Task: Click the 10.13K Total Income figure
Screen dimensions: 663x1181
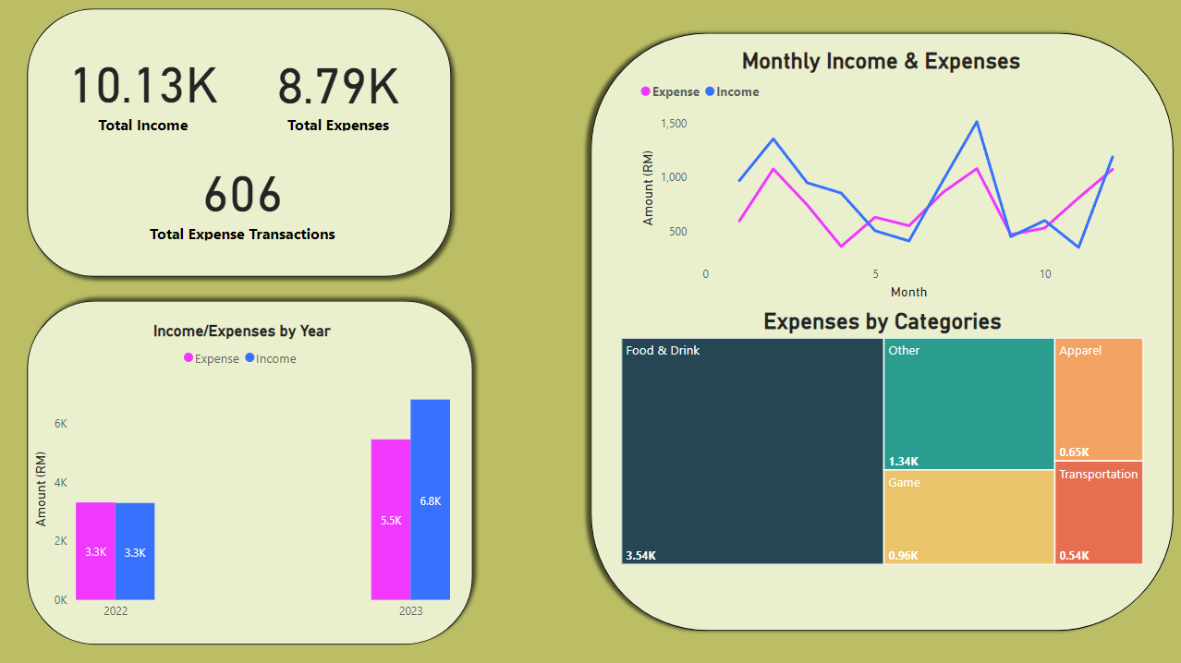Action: pyautogui.click(x=144, y=86)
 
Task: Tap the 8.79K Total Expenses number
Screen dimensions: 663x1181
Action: pyautogui.click(x=338, y=86)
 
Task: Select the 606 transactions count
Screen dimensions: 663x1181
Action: pyautogui.click(x=242, y=195)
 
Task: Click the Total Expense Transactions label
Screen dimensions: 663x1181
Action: pyautogui.click(x=242, y=235)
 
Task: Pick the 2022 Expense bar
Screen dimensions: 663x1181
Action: pyautogui.click(x=95, y=550)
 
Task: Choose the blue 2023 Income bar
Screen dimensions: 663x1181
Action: pyautogui.click(x=431, y=500)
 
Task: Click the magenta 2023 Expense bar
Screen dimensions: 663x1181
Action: pyautogui.click(x=391, y=519)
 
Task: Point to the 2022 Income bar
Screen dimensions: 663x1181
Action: pyautogui.click(x=135, y=551)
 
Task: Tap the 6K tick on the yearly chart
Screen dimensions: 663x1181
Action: pyautogui.click(x=60, y=424)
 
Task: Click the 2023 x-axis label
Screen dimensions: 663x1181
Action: pyautogui.click(x=411, y=611)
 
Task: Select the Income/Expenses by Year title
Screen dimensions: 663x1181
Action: pyautogui.click(x=241, y=331)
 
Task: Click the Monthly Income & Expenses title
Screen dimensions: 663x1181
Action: pyautogui.click(x=881, y=61)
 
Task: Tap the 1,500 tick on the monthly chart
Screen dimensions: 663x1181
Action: pyautogui.click(x=674, y=124)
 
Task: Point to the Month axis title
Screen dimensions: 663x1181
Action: pyautogui.click(x=908, y=292)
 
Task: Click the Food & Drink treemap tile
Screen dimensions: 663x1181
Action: pyautogui.click(x=752, y=451)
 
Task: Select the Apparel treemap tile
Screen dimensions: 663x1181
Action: pyautogui.click(x=1099, y=399)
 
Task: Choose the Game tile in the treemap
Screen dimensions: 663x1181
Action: pyautogui.click(x=968, y=516)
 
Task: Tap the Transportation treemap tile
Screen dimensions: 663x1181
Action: pyautogui.click(x=1099, y=512)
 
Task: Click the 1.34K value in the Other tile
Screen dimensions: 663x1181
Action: pyautogui.click(x=904, y=462)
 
